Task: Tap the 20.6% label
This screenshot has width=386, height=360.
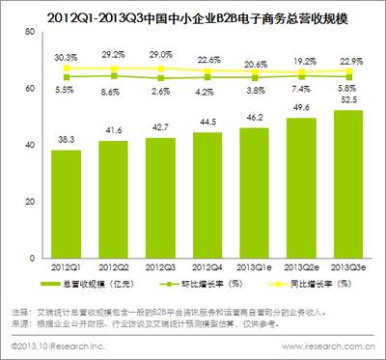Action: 253,64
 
